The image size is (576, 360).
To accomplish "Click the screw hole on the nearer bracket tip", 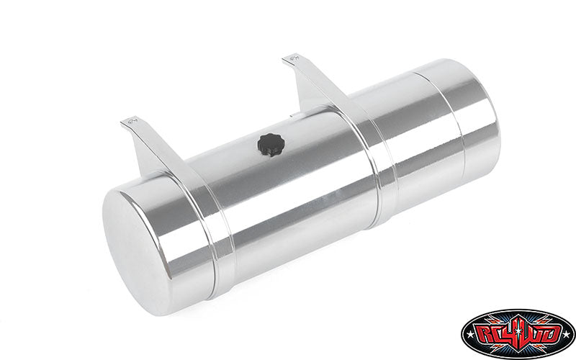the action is pyautogui.click(x=132, y=120).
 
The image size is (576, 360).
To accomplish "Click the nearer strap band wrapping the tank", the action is pyautogui.click(x=206, y=224).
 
